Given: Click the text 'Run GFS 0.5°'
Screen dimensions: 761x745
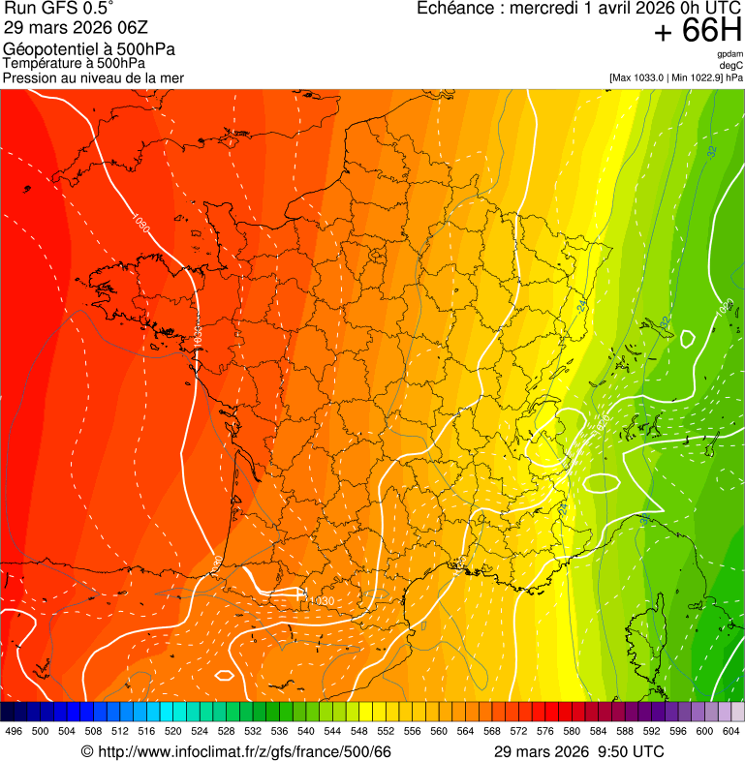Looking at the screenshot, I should [x=58, y=10].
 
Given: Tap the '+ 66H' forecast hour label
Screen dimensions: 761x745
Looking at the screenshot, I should [x=698, y=32].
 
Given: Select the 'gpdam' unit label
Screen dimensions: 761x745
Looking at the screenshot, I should [x=729, y=54].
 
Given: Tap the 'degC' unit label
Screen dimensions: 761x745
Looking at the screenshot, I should [x=731, y=66].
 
